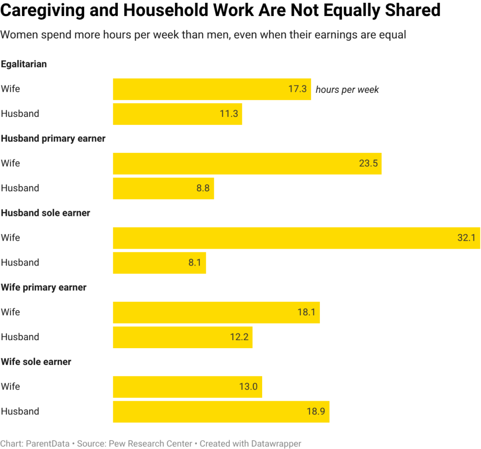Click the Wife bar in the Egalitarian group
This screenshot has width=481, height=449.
pos(211,89)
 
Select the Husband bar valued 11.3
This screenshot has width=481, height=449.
pos(177,114)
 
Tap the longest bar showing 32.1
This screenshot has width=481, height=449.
pos(296,238)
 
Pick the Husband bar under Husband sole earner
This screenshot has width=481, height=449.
pos(159,263)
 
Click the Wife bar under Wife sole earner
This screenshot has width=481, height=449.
pos(187,387)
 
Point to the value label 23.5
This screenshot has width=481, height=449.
pos(368,164)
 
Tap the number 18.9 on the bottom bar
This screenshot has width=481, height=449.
pos(316,411)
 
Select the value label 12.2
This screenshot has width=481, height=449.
pos(239,337)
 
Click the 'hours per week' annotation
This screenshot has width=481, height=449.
pos(347,90)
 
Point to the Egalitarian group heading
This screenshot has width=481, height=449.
pos(24,64)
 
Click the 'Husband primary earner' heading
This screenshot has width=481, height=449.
pos(53,139)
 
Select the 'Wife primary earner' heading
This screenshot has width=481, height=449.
pos(44,288)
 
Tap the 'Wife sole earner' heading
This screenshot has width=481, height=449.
pos(36,362)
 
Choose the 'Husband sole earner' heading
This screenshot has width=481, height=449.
pos(46,213)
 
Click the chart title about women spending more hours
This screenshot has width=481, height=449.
pos(203,35)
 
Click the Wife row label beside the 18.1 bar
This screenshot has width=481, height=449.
pos(10,312)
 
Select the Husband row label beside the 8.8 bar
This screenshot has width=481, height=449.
pos(20,189)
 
